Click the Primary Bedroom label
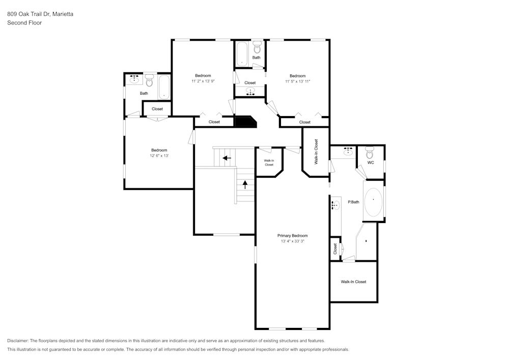pyautogui.click(x=292, y=236)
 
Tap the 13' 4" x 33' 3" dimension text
pyautogui.click(x=292, y=241)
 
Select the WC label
pyautogui.click(x=371, y=162)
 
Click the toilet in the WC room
pyautogui.click(x=370, y=152)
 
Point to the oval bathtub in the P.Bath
pyautogui.click(x=373, y=202)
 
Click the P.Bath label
pyautogui.click(x=354, y=202)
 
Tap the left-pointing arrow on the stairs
pyautogui.click(x=227, y=158)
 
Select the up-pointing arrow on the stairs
pyautogui.click(x=245, y=185)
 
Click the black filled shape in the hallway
pyautogui.click(x=245, y=122)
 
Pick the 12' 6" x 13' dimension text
pyautogui.click(x=159, y=156)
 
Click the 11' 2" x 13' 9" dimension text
pyautogui.click(x=203, y=81)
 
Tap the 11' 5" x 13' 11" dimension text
pyautogui.click(x=297, y=81)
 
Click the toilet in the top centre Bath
pyautogui.click(x=257, y=47)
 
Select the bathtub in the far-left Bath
pyautogui.click(x=164, y=87)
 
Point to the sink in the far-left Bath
pyautogui.click(x=134, y=79)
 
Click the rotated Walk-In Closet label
pyautogui.click(x=316, y=152)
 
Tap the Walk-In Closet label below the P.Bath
pyautogui.click(x=353, y=282)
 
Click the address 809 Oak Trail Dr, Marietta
pyautogui.click(x=40, y=14)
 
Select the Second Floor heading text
pyautogui.click(x=24, y=23)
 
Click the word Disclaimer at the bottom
pyautogui.click(x=17, y=341)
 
